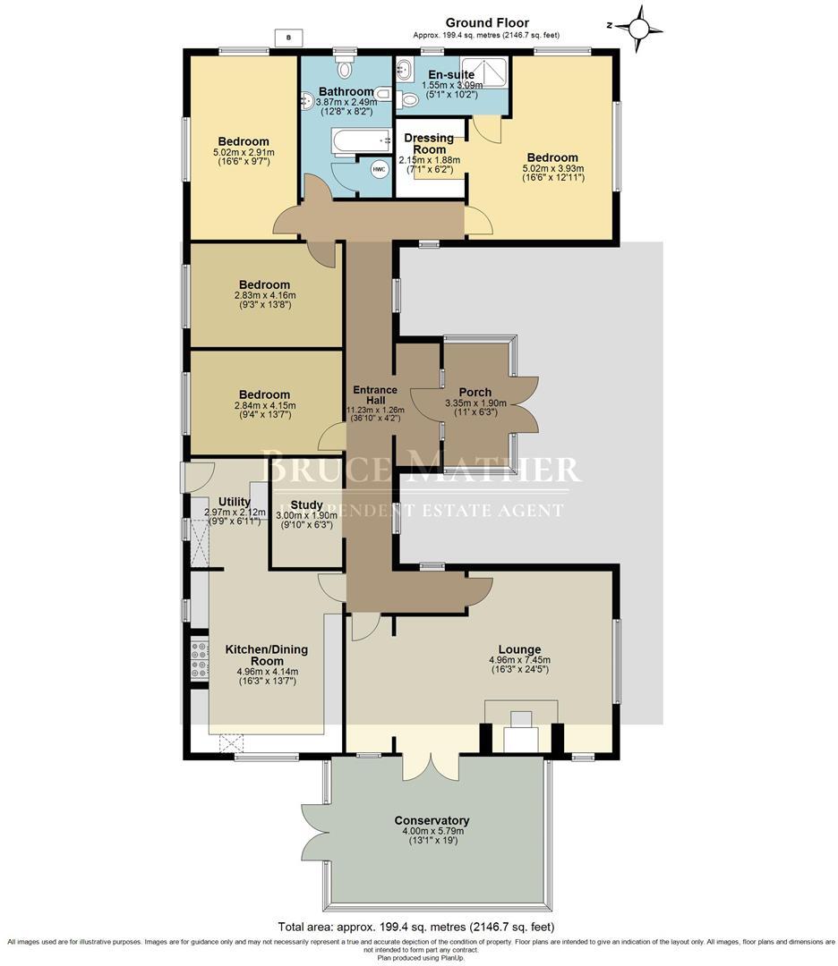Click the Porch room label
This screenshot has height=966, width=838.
pos(475,392)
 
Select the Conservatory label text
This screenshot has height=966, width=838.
pos(432,820)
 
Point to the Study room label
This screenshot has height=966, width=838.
pos(294,504)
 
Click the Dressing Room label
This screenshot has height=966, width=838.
pos(430,144)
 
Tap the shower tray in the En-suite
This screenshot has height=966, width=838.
pos(484,71)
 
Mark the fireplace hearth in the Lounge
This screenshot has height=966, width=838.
pos(520,738)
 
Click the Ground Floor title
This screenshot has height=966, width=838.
pos(487,23)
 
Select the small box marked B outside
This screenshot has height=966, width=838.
pos(287,38)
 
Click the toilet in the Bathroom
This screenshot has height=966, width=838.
pos(345,67)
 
